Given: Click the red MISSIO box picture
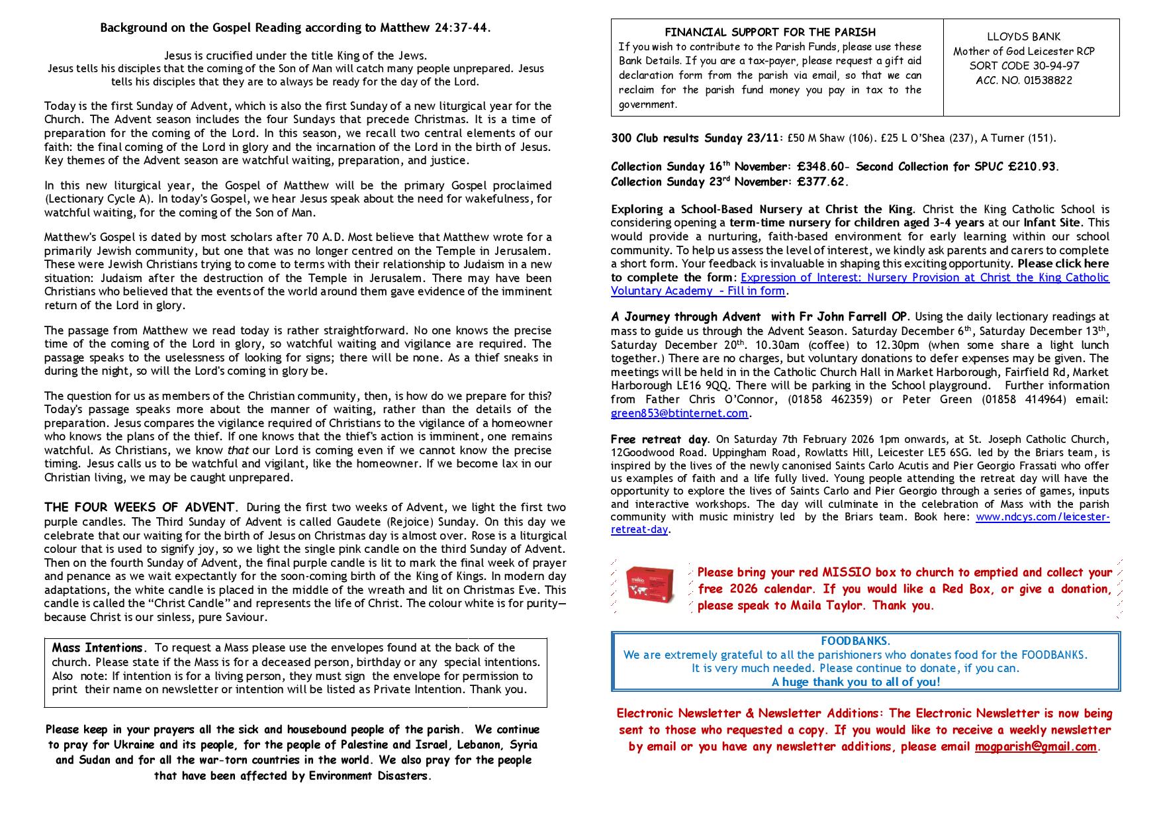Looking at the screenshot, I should pyautogui.click(x=649, y=584).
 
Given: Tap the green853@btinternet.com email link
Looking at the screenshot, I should pyautogui.click(x=679, y=413).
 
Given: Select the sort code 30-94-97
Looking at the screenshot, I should pyautogui.click(x=1024, y=66).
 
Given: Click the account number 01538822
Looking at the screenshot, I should pyautogui.click(x=1024, y=80).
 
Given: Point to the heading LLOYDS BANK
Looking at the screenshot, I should pyautogui.click(x=1024, y=37).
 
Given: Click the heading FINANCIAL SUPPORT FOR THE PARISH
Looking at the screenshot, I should pyautogui.click(x=770, y=32).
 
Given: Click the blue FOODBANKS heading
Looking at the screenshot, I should pyautogui.click(x=855, y=641).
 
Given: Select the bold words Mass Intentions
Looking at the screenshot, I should pyautogui.click(x=97, y=648).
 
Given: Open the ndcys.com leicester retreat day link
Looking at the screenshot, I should pyautogui.click(x=1042, y=517).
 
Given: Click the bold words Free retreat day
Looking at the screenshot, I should pyautogui.click(x=659, y=440).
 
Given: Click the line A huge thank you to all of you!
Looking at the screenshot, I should pyautogui.click(x=855, y=682).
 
